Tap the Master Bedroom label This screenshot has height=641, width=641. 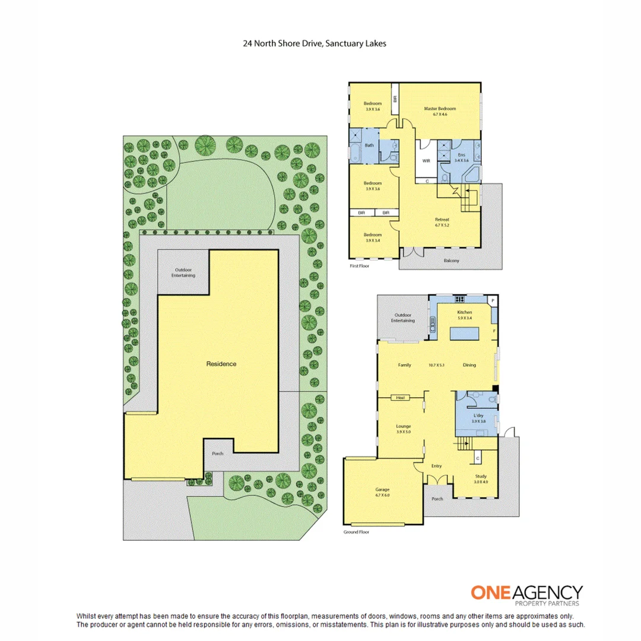[440, 111]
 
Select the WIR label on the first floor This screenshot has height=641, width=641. [426, 160]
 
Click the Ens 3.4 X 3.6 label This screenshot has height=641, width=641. [461, 157]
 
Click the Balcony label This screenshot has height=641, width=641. [452, 261]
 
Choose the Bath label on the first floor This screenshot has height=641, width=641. [369, 145]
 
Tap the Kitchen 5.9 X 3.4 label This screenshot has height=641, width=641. [464, 315]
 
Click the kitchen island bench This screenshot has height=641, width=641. [465, 335]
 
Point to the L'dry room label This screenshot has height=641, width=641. [478, 418]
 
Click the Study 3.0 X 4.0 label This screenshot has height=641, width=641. [481, 479]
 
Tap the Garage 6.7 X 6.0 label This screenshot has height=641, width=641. [382, 492]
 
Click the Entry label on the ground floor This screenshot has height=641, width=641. [437, 466]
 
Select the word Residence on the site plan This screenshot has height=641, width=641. [221, 364]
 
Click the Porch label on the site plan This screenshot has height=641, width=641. [218, 453]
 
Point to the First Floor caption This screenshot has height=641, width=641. [360, 267]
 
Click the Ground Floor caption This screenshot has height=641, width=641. [356, 532]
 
